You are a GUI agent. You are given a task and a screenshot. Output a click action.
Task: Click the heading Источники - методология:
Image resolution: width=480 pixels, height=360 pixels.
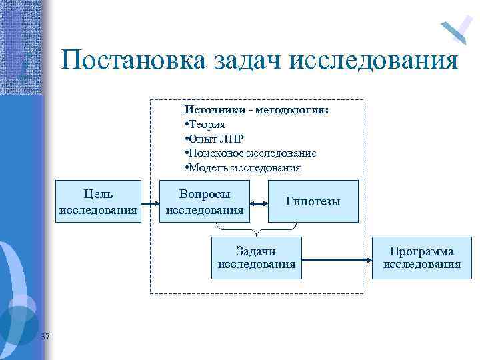click(x=256, y=109)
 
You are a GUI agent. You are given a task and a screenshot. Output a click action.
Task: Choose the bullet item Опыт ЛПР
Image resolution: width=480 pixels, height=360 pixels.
click(x=215, y=139)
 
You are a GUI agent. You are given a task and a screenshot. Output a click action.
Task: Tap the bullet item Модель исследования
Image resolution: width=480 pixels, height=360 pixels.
click(x=243, y=168)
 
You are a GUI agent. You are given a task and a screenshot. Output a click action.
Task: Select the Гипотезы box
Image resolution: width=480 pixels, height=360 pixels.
click(x=313, y=201)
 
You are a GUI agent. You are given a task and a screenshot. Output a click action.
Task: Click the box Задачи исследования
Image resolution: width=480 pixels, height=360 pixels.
click(x=257, y=257)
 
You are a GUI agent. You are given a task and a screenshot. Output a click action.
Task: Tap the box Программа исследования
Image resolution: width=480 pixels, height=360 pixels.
click(x=421, y=257)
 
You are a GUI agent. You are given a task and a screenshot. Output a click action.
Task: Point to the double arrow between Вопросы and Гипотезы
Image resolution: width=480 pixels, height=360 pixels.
click(x=259, y=202)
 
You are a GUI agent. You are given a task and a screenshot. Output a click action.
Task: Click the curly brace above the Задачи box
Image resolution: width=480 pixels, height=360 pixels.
click(x=257, y=231)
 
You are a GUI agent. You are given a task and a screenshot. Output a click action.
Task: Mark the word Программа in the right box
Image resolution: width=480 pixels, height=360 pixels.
click(x=421, y=251)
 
